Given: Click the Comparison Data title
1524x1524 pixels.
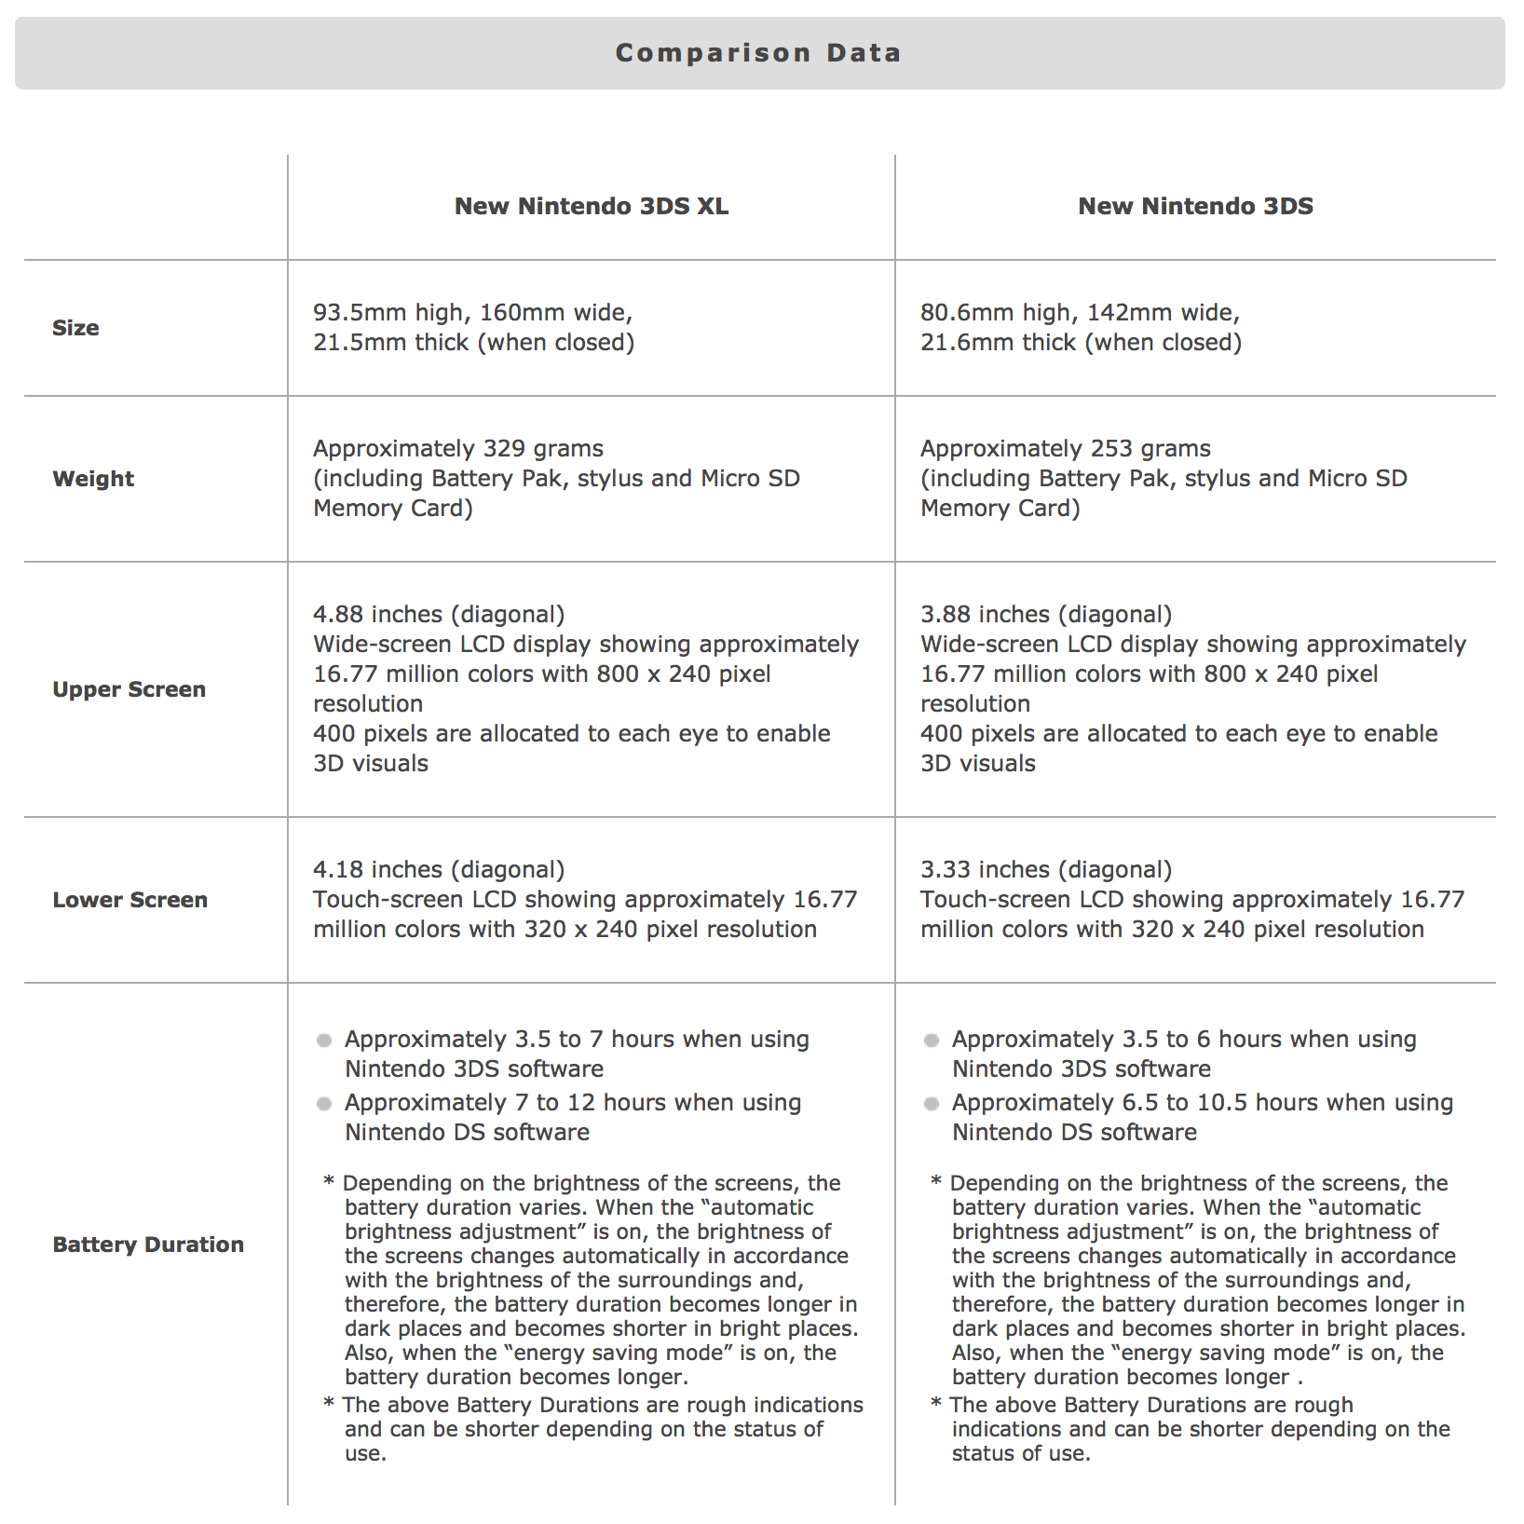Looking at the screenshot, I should click(758, 53).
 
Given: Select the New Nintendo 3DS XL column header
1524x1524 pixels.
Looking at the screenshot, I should click(591, 206).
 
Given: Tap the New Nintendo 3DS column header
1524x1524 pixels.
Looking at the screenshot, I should click(1195, 206).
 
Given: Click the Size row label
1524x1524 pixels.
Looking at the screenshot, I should click(75, 328).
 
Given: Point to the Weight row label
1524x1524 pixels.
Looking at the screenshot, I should click(93, 479).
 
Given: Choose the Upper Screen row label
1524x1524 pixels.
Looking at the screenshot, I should click(129, 689).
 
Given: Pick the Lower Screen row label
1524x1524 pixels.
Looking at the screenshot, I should click(129, 900).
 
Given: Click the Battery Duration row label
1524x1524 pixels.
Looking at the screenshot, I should click(148, 1245).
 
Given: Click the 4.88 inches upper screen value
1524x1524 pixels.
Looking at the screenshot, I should click(378, 615).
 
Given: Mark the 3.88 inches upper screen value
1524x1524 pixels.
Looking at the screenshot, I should click(986, 615).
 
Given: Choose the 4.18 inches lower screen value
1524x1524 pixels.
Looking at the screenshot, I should click(378, 870).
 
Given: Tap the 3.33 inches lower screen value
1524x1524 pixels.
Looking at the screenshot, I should click(986, 870).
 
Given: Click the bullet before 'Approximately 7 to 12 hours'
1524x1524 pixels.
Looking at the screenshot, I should click(324, 1104).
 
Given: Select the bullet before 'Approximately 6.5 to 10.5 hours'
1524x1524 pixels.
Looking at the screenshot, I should click(932, 1104).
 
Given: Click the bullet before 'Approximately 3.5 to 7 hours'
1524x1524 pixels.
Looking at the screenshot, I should click(324, 1041).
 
